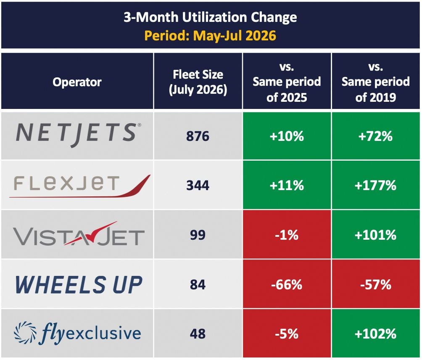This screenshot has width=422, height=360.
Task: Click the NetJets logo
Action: [x=78, y=135]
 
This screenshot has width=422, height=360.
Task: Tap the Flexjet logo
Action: [x=80, y=186]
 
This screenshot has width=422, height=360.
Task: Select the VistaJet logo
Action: [x=79, y=235]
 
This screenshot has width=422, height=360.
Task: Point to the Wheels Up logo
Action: [x=79, y=285]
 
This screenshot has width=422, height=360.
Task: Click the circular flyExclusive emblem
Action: [x=25, y=333]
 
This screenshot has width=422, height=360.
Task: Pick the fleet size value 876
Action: [x=198, y=136]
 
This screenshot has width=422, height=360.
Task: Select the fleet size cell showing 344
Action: [x=198, y=185]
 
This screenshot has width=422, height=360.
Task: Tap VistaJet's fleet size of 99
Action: [x=198, y=235]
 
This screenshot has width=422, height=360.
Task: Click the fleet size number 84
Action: [x=198, y=284]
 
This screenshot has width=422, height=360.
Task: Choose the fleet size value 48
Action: [x=198, y=334]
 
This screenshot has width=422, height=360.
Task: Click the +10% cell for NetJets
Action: [x=287, y=136]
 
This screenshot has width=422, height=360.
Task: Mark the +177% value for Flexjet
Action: [x=375, y=185]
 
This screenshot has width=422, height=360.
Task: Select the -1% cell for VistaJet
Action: [x=287, y=235]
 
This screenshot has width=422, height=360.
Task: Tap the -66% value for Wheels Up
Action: [x=287, y=285]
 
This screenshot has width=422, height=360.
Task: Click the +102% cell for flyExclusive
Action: [x=376, y=334]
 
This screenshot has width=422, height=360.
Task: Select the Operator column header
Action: [x=77, y=82]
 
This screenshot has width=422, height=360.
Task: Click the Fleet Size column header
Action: [x=198, y=82]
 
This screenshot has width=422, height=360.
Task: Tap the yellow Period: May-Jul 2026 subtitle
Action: [x=210, y=36]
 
